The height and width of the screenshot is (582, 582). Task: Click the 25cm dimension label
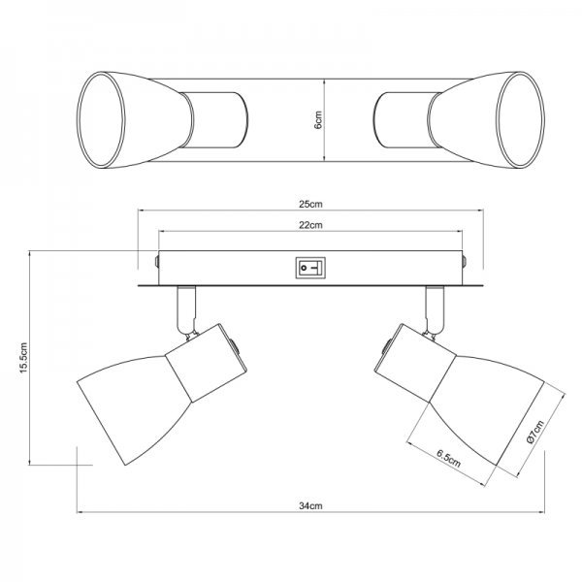(x=310, y=204)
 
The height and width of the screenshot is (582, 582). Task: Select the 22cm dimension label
(x=310, y=225)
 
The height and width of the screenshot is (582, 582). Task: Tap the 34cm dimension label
(x=310, y=506)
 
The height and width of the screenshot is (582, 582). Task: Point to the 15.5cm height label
(x=23, y=357)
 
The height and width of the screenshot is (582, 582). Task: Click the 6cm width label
(x=318, y=120)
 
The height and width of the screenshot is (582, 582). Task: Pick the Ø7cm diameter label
(x=534, y=432)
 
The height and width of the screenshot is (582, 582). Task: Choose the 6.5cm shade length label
(x=448, y=459)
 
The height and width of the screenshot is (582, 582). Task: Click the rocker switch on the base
(x=310, y=268)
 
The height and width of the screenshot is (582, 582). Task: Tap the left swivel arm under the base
(x=186, y=310)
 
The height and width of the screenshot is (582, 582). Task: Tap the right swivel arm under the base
(x=435, y=310)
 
